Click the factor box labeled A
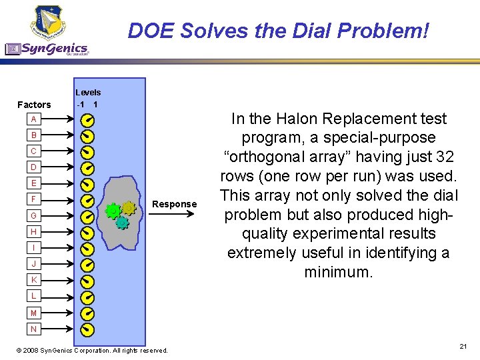33,119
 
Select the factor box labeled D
33,167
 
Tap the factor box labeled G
33,215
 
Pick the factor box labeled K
33,280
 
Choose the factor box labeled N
33,329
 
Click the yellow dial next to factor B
87,137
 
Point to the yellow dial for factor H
87,233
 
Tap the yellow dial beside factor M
87,313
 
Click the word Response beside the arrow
175,204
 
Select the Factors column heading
34,105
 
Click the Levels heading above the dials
88,93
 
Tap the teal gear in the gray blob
122,223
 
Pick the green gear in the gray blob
113,211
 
